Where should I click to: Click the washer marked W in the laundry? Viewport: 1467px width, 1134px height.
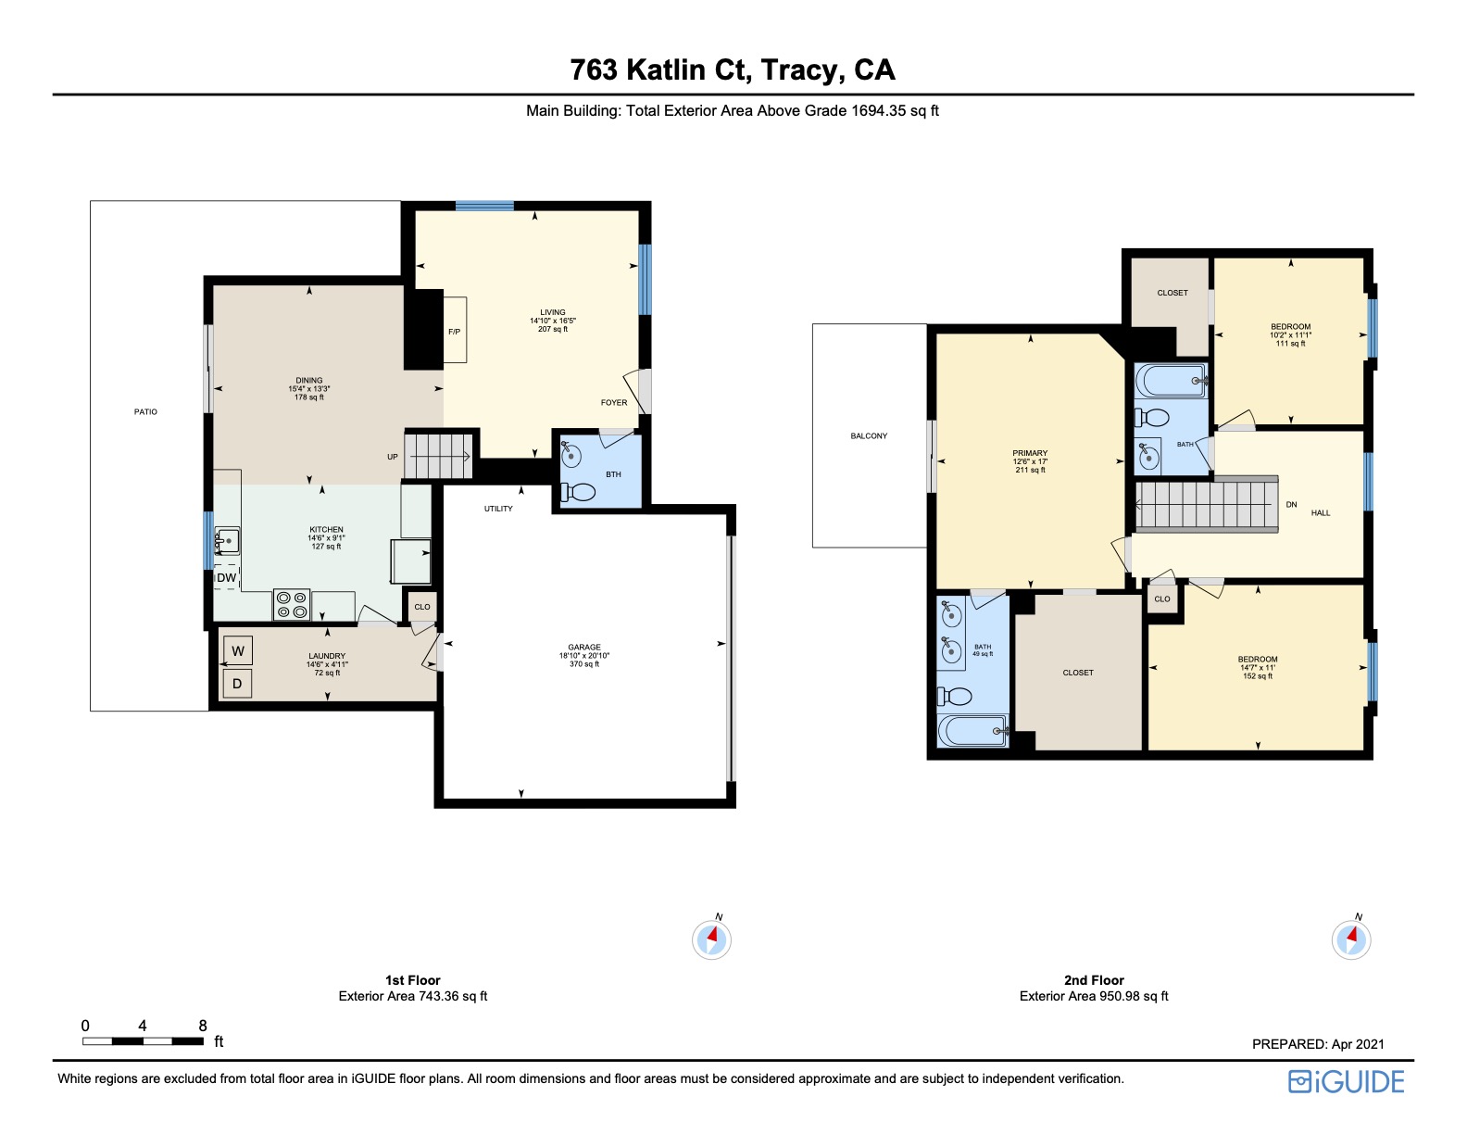click(x=238, y=650)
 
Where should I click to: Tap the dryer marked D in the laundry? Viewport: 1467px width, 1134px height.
click(x=237, y=684)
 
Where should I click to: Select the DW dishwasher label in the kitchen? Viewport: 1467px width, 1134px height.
click(x=227, y=577)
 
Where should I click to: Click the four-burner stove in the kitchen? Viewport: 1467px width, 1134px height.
click(x=292, y=604)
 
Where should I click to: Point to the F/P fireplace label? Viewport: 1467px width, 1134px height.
click(x=455, y=332)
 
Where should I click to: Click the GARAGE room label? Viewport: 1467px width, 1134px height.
click(x=584, y=647)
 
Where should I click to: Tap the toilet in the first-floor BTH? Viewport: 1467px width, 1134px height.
click(x=578, y=492)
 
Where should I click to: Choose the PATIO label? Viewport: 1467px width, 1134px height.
click(x=145, y=411)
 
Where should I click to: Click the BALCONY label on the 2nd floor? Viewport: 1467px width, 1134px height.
click(x=869, y=435)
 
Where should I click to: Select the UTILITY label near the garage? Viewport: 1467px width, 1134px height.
click(x=498, y=509)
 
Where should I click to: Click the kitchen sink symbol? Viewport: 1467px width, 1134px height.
click(x=227, y=541)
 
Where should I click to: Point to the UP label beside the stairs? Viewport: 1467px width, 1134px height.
click(x=393, y=457)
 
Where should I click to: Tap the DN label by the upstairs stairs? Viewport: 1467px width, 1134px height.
click(x=1291, y=505)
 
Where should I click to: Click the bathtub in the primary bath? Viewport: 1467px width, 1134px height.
click(x=972, y=731)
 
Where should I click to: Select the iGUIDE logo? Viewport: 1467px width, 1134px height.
click(x=1347, y=1081)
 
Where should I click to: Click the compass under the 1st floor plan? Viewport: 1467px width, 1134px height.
click(x=711, y=939)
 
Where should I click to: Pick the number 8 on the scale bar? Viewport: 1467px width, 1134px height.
click(x=203, y=1026)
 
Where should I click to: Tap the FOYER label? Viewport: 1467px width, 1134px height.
click(x=614, y=402)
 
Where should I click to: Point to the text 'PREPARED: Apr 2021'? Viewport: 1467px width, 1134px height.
click(x=1318, y=1044)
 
